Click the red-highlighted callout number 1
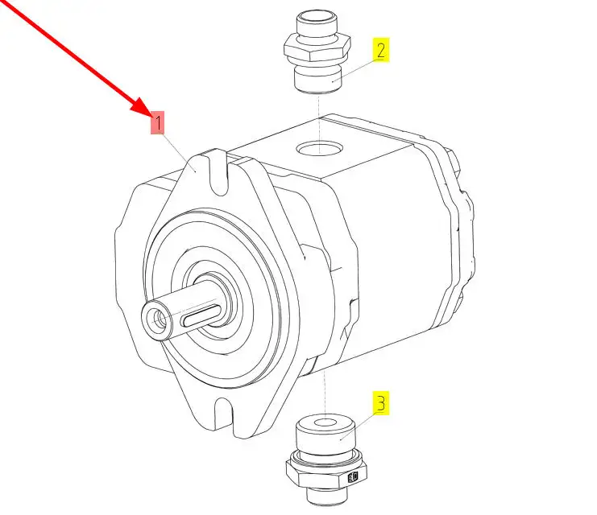point(157,122)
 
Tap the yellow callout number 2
point(381,50)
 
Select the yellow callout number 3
point(381,403)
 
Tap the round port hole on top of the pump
point(320,147)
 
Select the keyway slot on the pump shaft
point(201,316)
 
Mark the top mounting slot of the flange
point(218,173)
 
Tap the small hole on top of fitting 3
point(325,422)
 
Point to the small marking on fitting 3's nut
point(354,476)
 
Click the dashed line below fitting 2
point(319,124)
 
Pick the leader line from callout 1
point(180,152)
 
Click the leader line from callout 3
point(359,426)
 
